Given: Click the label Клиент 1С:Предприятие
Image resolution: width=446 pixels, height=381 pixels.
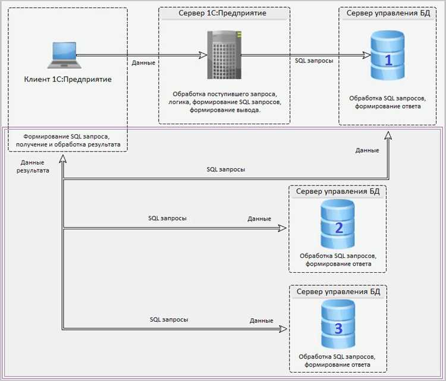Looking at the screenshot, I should point(68,79).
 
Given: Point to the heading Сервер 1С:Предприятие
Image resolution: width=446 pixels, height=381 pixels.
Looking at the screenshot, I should point(222,13).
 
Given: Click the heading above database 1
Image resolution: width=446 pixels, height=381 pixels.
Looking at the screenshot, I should point(389,13).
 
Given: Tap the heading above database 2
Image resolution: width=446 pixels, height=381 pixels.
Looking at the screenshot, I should point(338,191).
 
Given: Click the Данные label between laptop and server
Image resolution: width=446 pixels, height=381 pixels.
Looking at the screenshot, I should point(143,62).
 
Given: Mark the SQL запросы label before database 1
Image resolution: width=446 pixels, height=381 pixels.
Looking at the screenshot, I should point(314,61).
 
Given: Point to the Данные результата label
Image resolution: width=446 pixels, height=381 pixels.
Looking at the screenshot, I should point(34,166).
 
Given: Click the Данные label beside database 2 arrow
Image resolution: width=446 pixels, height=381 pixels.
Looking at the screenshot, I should point(259,219).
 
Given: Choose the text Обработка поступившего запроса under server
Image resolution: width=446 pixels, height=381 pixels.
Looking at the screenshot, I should point(225,94).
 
